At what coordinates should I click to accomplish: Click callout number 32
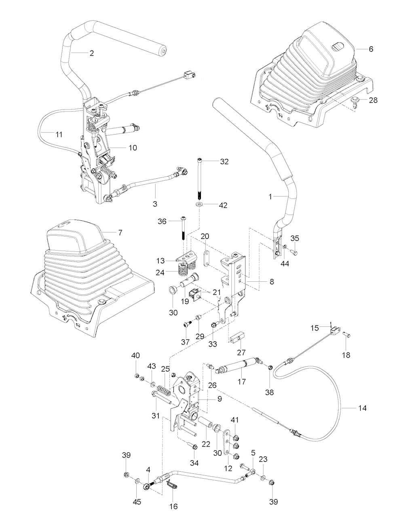[x=224, y=162]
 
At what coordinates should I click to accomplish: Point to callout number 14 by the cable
[x=362, y=408]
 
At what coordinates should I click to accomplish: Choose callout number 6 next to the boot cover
[x=371, y=49]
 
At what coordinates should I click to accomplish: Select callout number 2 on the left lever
[x=92, y=53]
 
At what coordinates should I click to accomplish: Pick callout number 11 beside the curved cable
[x=59, y=134]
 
